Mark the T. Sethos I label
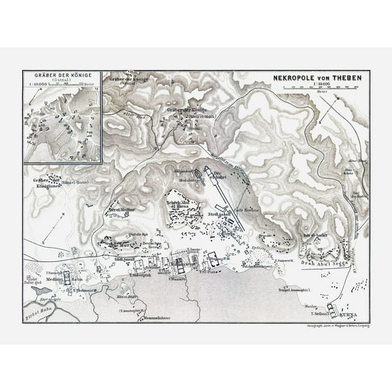pyautogui.click(x=318, y=314)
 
